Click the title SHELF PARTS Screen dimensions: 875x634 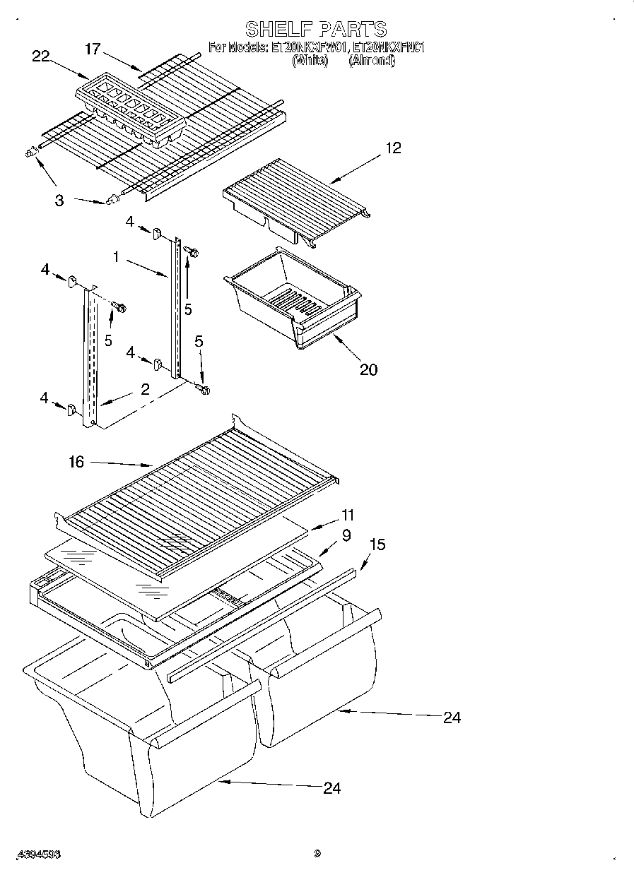click(316, 29)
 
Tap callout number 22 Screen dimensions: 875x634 click(41, 56)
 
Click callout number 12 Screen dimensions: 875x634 click(393, 148)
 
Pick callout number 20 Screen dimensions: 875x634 click(368, 369)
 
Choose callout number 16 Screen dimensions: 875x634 click(76, 462)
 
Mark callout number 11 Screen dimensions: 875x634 click(347, 515)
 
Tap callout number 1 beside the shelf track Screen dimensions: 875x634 click(115, 258)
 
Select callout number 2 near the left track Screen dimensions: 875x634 click(144, 389)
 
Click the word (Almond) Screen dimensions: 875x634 click(372, 61)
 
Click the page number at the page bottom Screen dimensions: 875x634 click(317, 853)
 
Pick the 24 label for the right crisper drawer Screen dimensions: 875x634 click(452, 718)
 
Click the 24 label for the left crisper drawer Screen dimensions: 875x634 click(331, 787)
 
